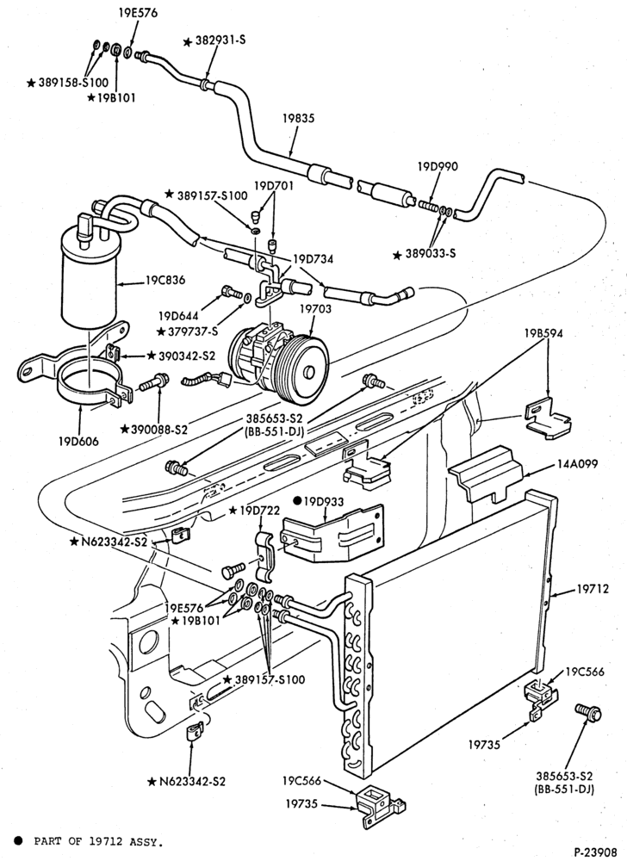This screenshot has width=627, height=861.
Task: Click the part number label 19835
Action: pos(299,119)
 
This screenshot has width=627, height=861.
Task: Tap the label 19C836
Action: pos(165,280)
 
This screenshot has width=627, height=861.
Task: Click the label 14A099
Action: pos(576,465)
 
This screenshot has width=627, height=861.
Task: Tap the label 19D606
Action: pos(79,440)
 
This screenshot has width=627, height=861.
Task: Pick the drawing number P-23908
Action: pos(596,852)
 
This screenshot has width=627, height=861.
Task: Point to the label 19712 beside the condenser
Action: pos(593,589)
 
